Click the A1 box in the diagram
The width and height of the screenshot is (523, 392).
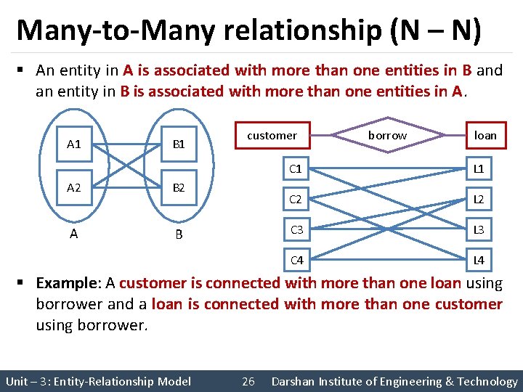[x=74, y=144]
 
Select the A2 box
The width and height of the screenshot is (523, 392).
[x=74, y=187]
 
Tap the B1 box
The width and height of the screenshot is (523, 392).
[x=179, y=144]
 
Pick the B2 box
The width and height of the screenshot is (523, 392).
[x=179, y=187]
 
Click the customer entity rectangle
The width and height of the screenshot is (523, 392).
[x=272, y=135]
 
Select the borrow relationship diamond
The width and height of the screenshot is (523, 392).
[x=387, y=135]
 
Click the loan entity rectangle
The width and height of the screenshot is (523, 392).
[x=485, y=135]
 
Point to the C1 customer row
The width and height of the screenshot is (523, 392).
[x=296, y=169]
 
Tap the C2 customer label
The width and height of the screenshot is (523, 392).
[x=296, y=199]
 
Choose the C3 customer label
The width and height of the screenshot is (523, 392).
[x=296, y=230]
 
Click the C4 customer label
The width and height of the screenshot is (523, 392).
[x=296, y=260]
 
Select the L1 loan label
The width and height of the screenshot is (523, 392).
[x=479, y=169]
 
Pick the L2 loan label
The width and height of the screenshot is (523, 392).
[x=479, y=199]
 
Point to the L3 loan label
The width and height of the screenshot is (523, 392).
[x=479, y=230]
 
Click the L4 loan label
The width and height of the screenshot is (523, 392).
[x=479, y=260]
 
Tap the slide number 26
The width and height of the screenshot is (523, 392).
[x=248, y=381]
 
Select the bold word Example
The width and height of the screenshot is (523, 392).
[x=67, y=283]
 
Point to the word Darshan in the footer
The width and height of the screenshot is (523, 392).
[x=295, y=381]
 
